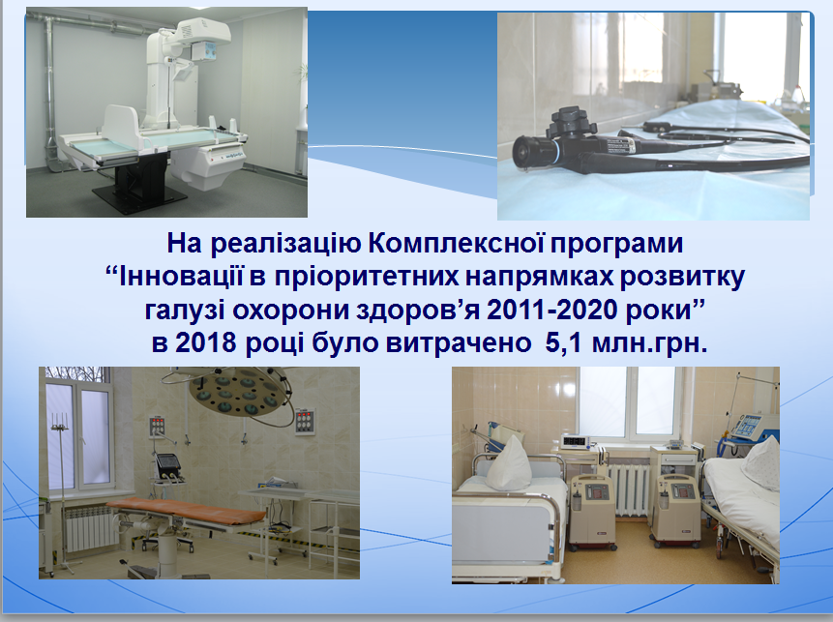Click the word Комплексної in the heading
[455, 243]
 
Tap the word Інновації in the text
[181, 277]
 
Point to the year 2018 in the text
[206, 342]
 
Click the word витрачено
[459, 343]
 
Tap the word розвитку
[683, 278]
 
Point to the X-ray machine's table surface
[154, 139]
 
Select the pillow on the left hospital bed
[508, 463]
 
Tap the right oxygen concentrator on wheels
[675, 510]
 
